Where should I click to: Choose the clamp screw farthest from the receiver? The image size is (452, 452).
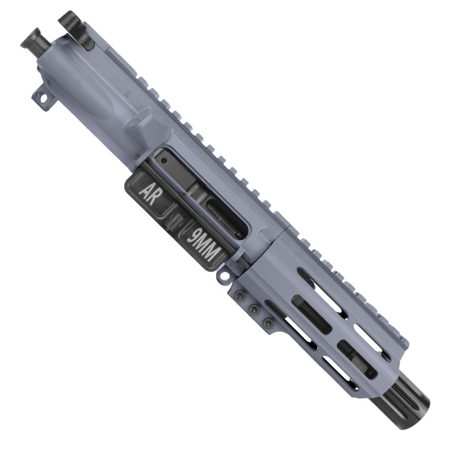pos(268,322)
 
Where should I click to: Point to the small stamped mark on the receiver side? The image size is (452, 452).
pos(128,94)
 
